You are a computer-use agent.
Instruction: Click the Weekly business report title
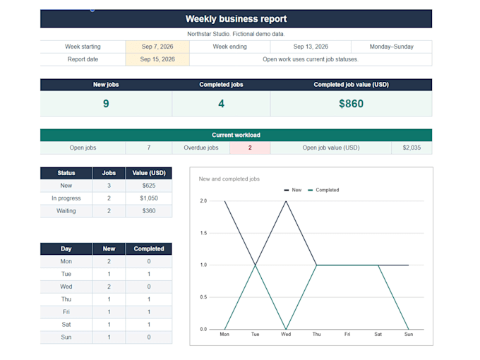tap(236, 19)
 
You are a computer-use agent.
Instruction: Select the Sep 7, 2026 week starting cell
tap(157, 47)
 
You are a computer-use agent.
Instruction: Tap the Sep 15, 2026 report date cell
tap(157, 59)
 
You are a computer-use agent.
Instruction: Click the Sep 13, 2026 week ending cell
tap(311, 47)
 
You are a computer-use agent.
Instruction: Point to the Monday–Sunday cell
tap(392, 47)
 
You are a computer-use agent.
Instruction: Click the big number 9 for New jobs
tap(106, 104)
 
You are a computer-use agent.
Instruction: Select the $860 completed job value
tap(351, 104)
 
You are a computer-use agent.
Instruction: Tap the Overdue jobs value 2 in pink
tap(250, 148)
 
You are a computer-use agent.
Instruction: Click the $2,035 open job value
tap(412, 148)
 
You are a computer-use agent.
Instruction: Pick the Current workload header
tap(236, 135)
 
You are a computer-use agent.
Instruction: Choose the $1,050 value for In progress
tap(149, 198)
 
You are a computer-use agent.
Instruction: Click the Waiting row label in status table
tap(66, 211)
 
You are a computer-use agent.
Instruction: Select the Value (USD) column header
tap(149, 173)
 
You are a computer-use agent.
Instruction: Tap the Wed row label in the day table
tap(66, 287)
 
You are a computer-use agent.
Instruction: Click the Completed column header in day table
tap(149, 249)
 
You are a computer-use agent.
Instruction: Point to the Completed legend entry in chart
tap(323, 190)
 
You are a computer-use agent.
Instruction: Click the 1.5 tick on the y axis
tap(203, 233)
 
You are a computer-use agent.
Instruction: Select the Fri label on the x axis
tap(347, 335)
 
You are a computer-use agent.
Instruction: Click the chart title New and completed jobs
tap(229, 179)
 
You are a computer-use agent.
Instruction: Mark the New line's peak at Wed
tap(286, 201)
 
